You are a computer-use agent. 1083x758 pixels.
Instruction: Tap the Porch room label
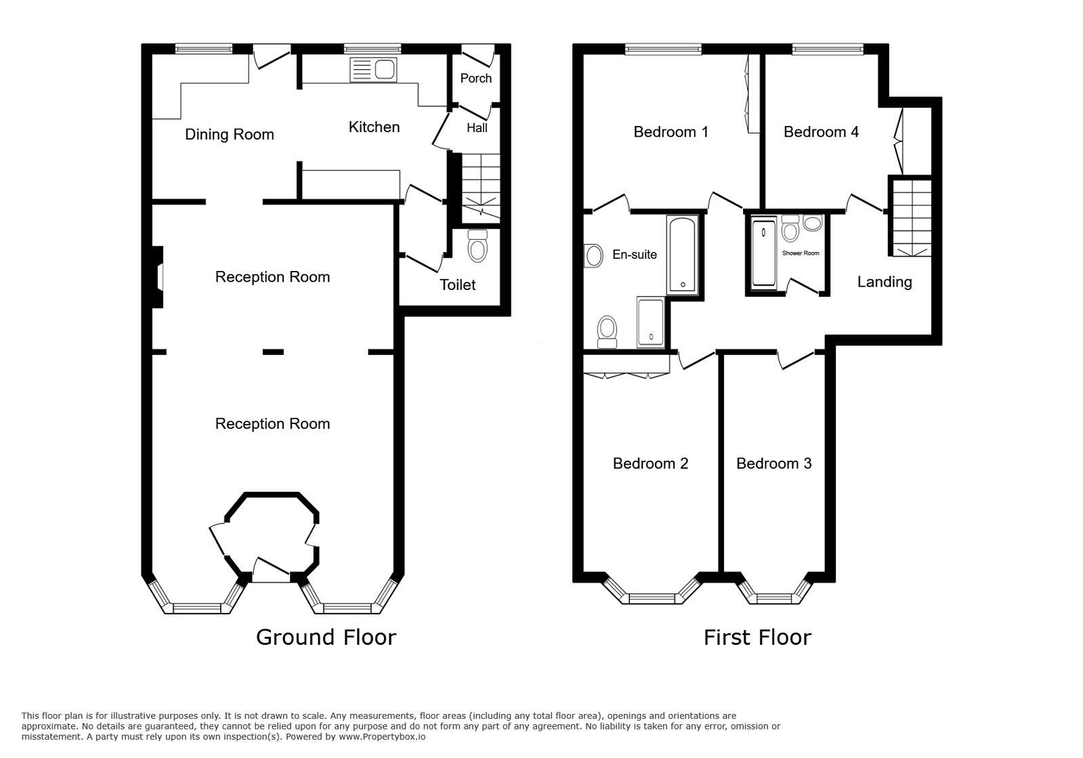[475, 79]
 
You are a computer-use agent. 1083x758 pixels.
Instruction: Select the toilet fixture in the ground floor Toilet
[477, 246]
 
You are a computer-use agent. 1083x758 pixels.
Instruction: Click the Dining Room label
[230, 134]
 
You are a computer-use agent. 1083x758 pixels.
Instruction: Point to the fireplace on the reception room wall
[157, 277]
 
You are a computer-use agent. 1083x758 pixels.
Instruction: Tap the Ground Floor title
[326, 637]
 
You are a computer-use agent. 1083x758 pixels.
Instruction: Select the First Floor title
[757, 637]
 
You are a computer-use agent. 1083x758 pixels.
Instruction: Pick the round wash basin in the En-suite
[594, 255]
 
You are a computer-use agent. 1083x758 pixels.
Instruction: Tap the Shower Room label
[801, 253]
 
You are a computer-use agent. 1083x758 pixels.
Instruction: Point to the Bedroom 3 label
[773, 463]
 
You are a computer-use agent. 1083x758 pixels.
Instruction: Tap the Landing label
[885, 282]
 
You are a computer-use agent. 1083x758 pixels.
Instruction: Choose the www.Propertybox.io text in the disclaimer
[382, 736]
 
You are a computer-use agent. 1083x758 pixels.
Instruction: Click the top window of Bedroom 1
[663, 48]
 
